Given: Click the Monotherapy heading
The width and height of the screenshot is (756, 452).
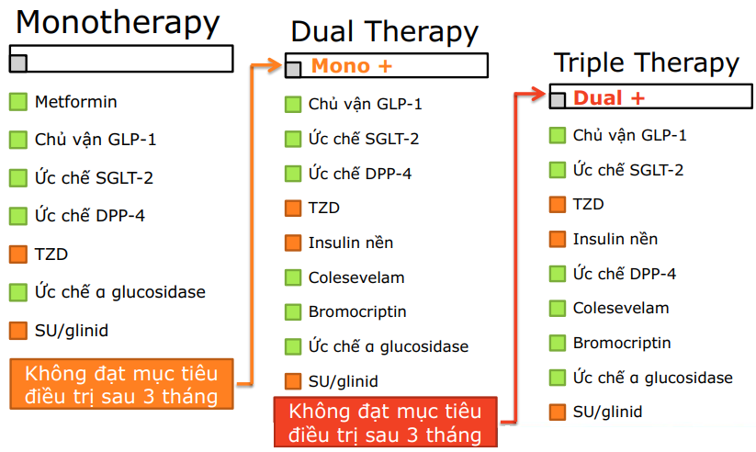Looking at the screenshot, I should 118,22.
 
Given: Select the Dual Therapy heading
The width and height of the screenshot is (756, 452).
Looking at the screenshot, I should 384,32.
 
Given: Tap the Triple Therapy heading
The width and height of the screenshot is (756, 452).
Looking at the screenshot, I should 646,62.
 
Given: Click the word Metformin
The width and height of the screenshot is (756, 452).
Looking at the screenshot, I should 76,102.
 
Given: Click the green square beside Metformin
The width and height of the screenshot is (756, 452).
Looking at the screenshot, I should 17,102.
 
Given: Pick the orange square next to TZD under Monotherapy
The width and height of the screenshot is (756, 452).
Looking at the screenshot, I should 17,254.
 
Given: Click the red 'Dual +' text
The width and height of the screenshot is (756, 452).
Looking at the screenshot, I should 609,97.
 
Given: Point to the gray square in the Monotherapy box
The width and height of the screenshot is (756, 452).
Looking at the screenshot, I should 17,62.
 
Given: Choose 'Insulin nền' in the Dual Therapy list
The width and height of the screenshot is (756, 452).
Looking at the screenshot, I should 350,243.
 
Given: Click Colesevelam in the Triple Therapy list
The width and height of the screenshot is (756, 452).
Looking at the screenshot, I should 620,309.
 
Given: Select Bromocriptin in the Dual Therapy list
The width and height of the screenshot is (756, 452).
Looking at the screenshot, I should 356,312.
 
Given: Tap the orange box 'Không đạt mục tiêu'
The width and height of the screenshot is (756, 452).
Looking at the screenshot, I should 122,385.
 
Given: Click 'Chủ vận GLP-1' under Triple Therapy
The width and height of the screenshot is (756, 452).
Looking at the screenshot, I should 629,136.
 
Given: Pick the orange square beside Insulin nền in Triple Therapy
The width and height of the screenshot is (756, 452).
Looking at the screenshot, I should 557,239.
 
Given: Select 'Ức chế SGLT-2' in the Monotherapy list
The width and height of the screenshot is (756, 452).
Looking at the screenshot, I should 94,177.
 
